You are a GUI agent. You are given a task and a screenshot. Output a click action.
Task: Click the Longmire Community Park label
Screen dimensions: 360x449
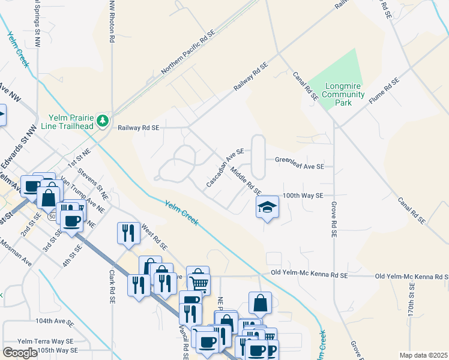coord(343,94)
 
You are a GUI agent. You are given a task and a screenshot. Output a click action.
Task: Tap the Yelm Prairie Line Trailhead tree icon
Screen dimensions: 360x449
coord(103,121)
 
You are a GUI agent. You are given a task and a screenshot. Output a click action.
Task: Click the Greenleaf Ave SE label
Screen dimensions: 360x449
coord(300,160)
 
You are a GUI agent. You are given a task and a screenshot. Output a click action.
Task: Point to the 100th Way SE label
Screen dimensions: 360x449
coord(303,196)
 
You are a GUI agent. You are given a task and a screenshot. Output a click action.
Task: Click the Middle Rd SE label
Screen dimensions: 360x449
coord(246,181)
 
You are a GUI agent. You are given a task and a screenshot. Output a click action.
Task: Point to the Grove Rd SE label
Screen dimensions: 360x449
coord(333,218)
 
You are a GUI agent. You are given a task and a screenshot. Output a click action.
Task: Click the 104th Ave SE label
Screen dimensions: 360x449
coord(54,322)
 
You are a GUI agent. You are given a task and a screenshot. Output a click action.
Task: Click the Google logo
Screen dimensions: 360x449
coord(20,352)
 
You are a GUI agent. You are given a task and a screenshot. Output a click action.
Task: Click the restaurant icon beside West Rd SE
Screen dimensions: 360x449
coord(128,232)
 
